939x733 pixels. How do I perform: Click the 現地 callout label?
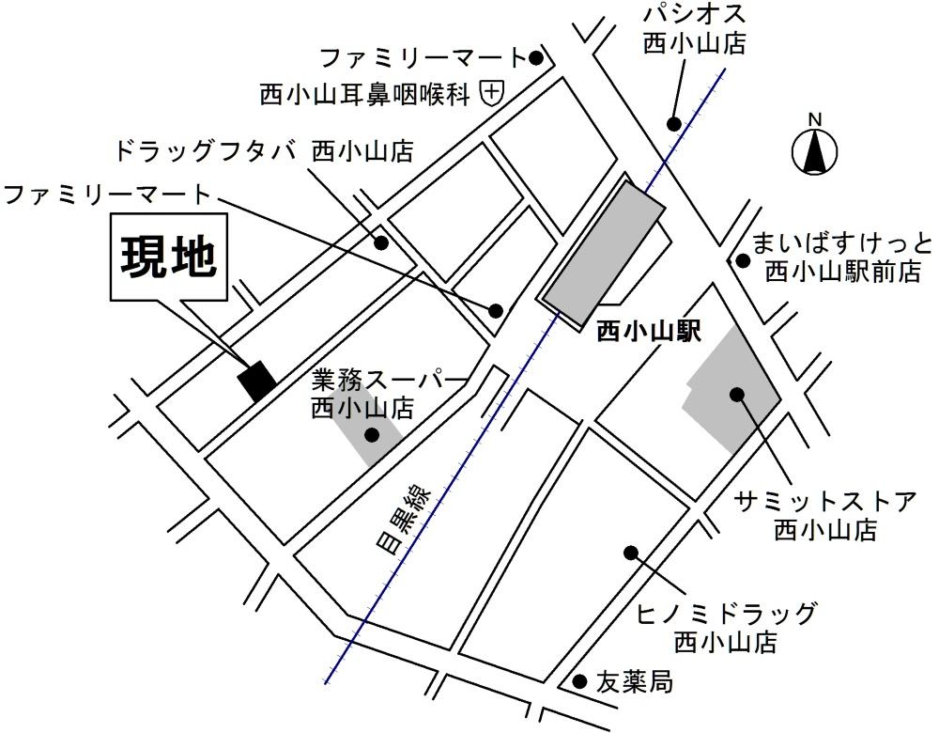[168, 257]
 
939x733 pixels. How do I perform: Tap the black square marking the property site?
[256, 380]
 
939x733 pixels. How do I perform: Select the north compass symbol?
[815, 150]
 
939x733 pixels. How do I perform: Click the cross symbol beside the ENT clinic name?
[492, 92]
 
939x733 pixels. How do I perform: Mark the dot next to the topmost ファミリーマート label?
[536, 58]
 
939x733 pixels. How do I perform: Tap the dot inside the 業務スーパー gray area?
[372, 434]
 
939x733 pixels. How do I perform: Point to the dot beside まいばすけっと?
[743, 261]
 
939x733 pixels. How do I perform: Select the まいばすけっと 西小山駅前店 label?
[841, 258]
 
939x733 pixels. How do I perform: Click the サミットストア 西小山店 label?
[825, 515]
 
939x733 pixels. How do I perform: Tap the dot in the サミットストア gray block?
[737, 394]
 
